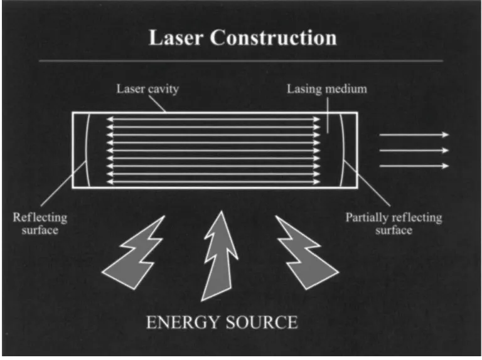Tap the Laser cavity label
[x=147, y=88]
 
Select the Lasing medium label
[x=327, y=88]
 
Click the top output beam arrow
[x=414, y=135]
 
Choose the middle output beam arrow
[x=414, y=151]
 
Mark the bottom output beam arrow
[x=414, y=166]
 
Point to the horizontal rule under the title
[x=241, y=61]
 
